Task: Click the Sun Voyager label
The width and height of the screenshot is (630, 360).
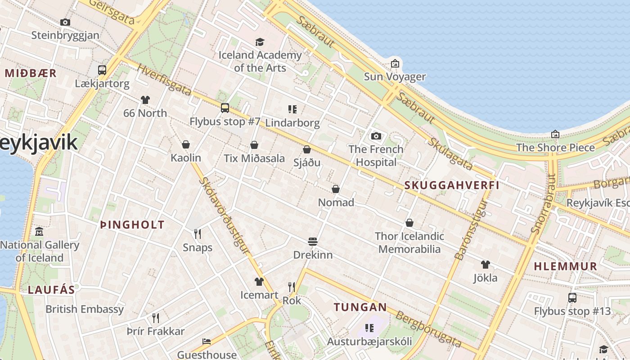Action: click(x=395, y=76)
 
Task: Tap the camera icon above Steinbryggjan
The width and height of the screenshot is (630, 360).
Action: click(x=65, y=22)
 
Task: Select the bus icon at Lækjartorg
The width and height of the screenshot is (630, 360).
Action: click(x=102, y=70)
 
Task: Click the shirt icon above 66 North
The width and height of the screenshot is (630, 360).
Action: click(x=145, y=99)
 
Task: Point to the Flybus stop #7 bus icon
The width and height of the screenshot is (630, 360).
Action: click(x=225, y=108)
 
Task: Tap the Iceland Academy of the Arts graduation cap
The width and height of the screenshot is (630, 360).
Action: click(x=260, y=42)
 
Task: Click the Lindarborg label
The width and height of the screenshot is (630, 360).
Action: click(x=292, y=122)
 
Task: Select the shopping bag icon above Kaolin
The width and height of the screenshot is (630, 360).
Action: click(x=185, y=144)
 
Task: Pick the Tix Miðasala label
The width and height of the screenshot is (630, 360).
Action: click(x=254, y=158)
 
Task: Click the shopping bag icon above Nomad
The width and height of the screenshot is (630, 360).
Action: click(x=336, y=189)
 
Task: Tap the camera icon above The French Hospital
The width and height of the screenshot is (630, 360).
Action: click(x=376, y=136)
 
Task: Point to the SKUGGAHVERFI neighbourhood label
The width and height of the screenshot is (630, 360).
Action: click(x=451, y=185)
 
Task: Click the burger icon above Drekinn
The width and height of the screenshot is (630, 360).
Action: click(x=313, y=242)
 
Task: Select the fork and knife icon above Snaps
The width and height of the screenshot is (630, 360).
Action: click(x=197, y=234)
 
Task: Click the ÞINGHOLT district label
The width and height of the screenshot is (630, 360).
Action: click(x=132, y=225)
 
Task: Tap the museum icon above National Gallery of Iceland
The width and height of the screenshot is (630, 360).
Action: click(x=39, y=232)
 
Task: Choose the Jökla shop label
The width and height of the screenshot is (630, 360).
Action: click(x=485, y=278)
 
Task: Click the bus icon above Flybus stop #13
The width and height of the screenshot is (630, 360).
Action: click(x=572, y=298)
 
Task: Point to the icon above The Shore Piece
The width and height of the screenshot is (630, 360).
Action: click(x=555, y=134)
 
